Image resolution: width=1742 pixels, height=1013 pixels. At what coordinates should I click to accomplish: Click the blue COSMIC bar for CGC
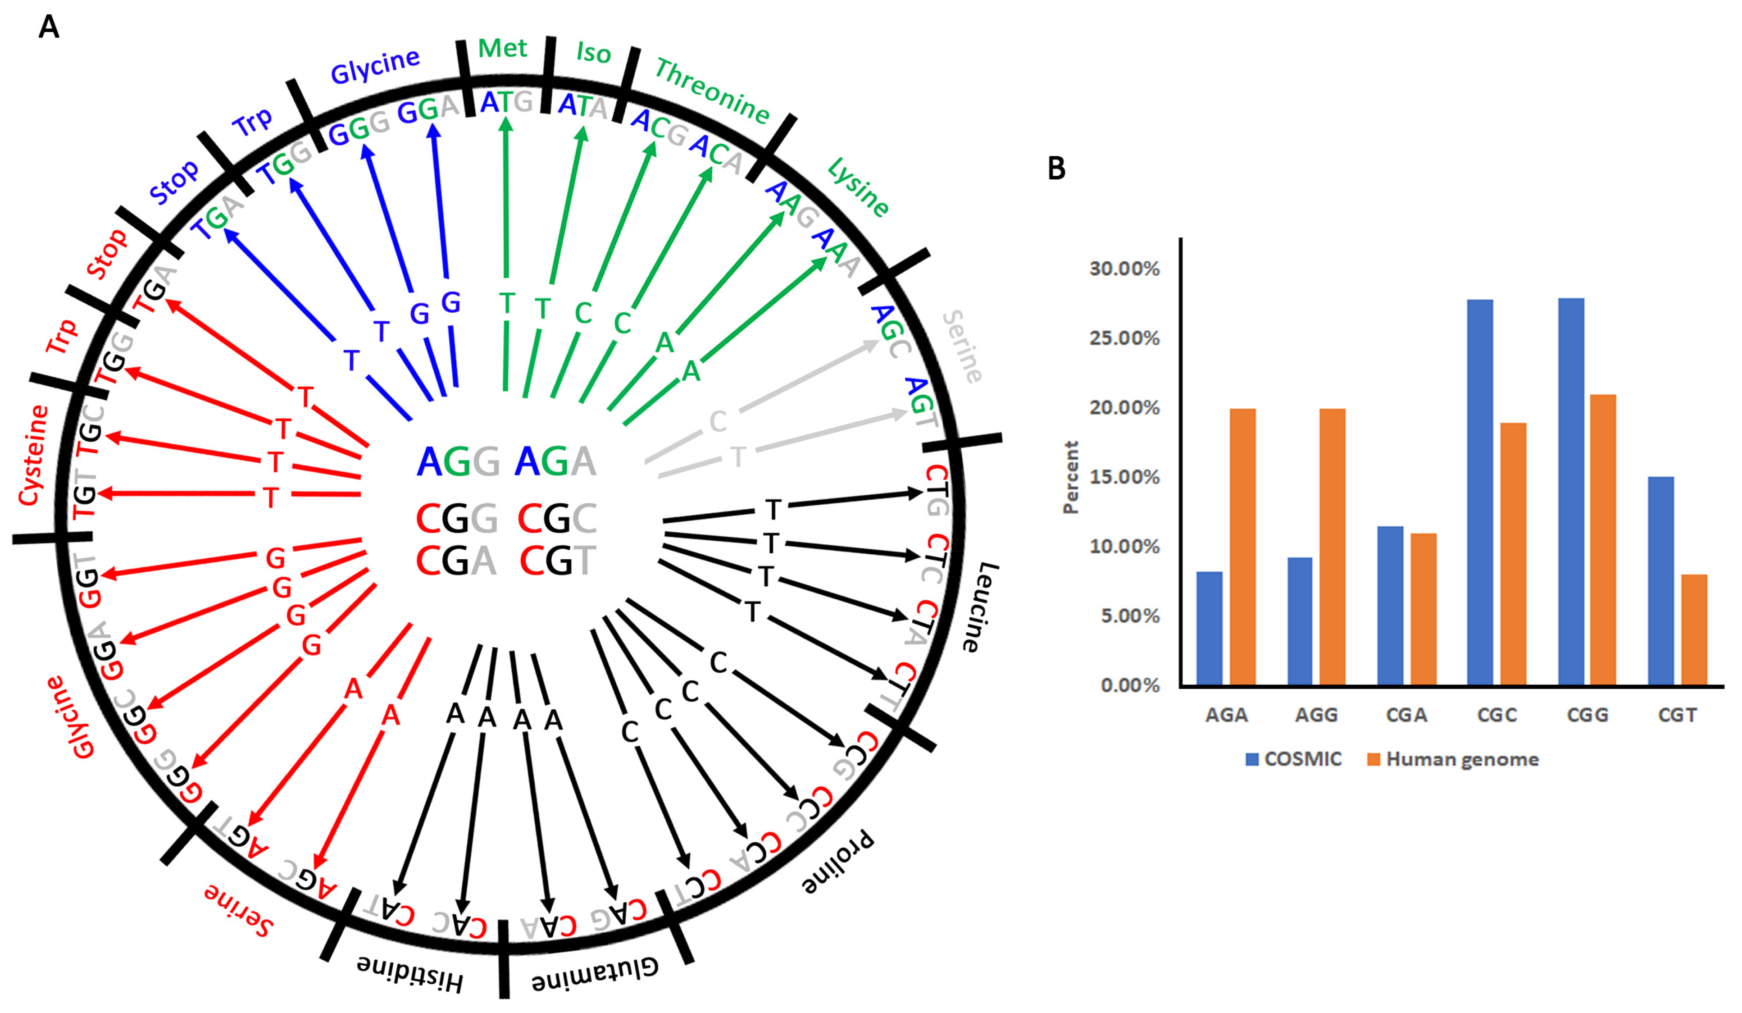(1479, 493)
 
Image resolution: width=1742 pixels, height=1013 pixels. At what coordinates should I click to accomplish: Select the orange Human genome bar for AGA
(1242, 547)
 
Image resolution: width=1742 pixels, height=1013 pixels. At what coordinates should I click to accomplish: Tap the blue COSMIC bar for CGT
(1660, 581)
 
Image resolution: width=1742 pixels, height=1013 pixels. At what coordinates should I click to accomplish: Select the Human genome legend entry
(1453, 759)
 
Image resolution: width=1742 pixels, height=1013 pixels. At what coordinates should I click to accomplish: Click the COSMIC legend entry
(1293, 759)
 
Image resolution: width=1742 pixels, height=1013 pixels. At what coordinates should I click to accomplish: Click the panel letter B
(1056, 169)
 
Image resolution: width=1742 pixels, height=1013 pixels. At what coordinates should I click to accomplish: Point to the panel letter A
(48, 27)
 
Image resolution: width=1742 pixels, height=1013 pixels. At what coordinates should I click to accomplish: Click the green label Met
(503, 48)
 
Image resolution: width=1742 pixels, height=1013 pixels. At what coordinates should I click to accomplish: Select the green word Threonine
(712, 91)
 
